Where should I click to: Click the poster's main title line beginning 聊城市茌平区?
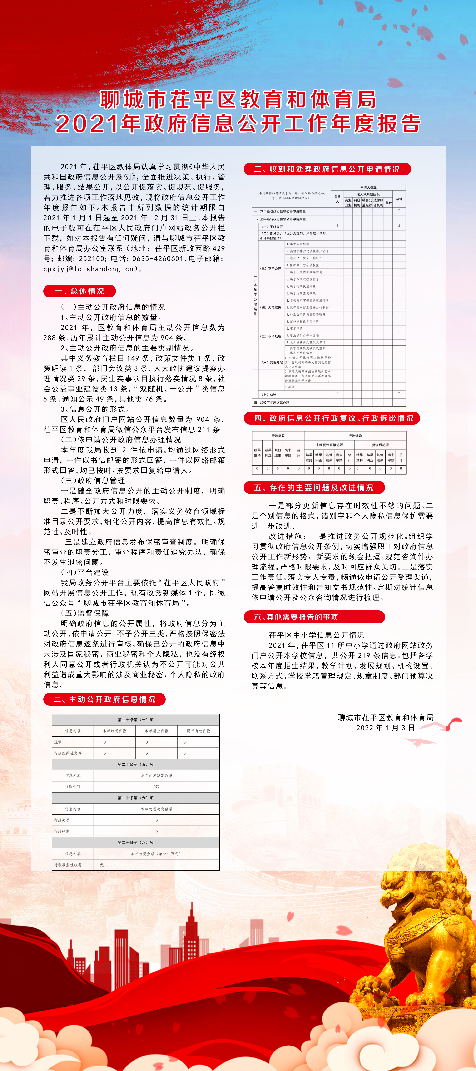pos(238,100)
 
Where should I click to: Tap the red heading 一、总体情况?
pos(79,291)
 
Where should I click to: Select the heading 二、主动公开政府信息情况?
pos(104,699)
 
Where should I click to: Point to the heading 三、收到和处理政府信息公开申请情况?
pos(327,169)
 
